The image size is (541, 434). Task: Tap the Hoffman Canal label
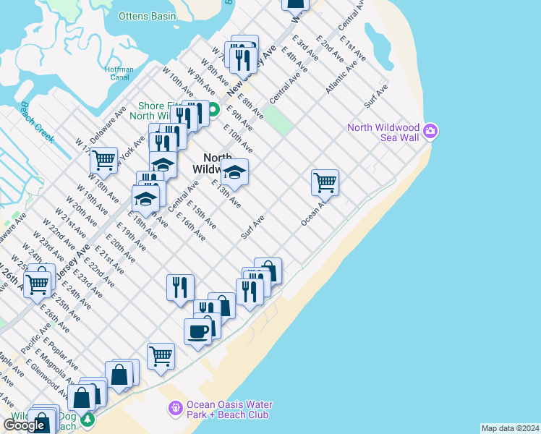pyautogui.click(x=119, y=73)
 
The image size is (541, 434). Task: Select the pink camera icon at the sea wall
pyautogui.click(x=431, y=131)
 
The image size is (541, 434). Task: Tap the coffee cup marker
pyautogui.click(x=198, y=331)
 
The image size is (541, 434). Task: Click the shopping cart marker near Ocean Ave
pyautogui.click(x=325, y=182)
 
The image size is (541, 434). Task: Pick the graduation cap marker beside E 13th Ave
pyautogui.click(x=234, y=172)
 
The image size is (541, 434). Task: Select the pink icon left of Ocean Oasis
pyautogui.click(x=174, y=409)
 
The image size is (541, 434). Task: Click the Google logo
pyautogui.click(x=24, y=425)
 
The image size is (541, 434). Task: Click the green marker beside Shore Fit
pyautogui.click(x=214, y=110)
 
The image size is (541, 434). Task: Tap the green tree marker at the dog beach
pyautogui.click(x=88, y=419)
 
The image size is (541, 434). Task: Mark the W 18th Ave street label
pyautogui.click(x=102, y=187)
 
